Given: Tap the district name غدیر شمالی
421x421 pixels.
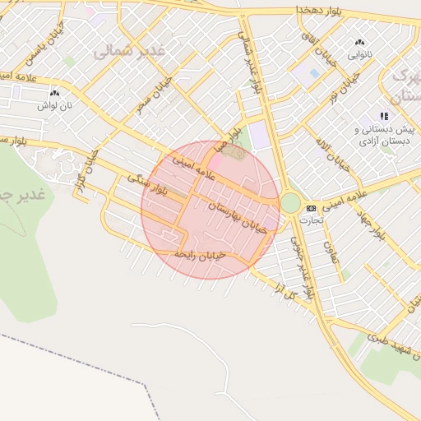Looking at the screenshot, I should coord(129,50).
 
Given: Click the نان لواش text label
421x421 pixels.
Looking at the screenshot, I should coord(58,105).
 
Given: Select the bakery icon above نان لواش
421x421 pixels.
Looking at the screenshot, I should coord(54,93).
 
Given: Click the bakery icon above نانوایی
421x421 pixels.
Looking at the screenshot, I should coord(359,43).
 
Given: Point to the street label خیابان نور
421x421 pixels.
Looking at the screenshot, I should coord(331,95).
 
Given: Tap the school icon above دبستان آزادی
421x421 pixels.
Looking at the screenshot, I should coord(383,116).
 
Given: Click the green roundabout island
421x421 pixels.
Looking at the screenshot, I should coord(290,202).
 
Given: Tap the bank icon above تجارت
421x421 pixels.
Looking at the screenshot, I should coord(311,208).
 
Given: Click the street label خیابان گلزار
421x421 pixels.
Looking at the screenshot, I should coord(83,173).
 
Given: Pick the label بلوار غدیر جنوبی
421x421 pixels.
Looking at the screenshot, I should coord(302,267).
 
